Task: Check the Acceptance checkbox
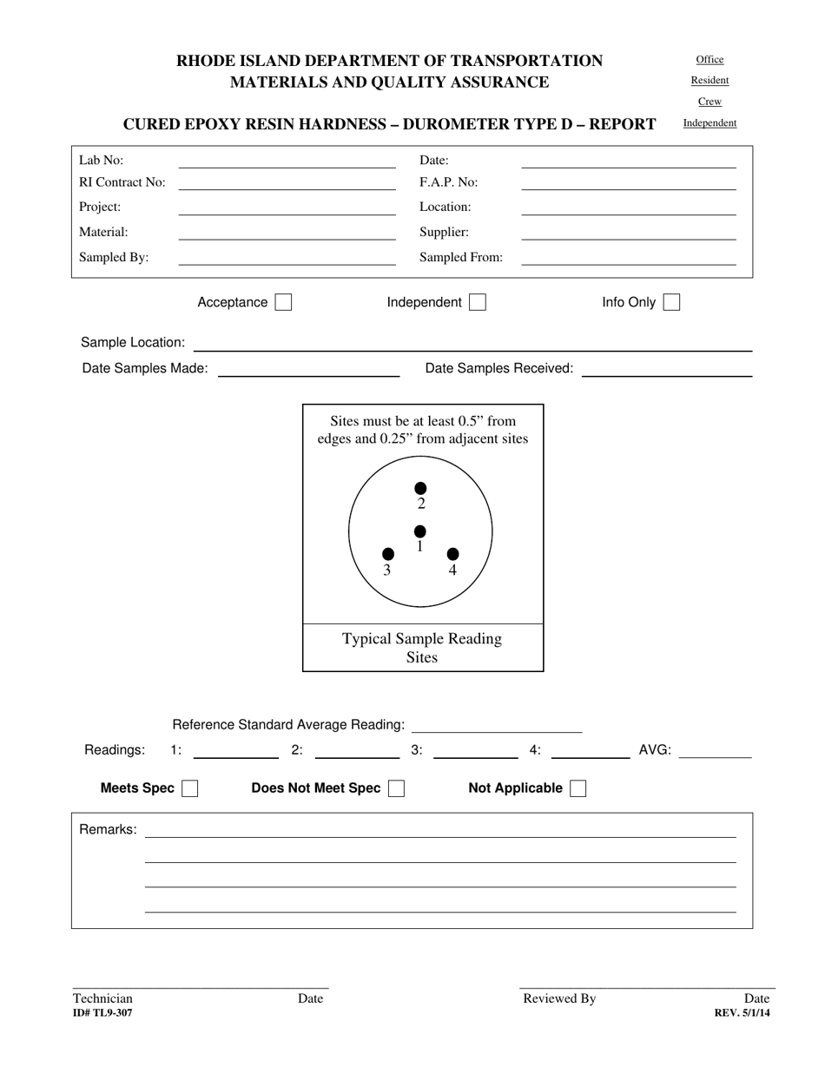[x=283, y=302]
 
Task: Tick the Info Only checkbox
[x=671, y=302]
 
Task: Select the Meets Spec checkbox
[x=189, y=788]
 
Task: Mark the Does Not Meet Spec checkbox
[x=396, y=788]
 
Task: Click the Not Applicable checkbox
[x=577, y=788]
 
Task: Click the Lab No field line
[x=287, y=162]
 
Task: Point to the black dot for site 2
[x=421, y=489]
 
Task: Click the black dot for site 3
[x=388, y=554]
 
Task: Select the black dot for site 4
[x=452, y=554]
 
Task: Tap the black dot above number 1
[x=420, y=531]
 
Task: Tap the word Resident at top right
[x=709, y=81]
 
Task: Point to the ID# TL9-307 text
[x=102, y=1013]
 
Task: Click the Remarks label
[x=108, y=829]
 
